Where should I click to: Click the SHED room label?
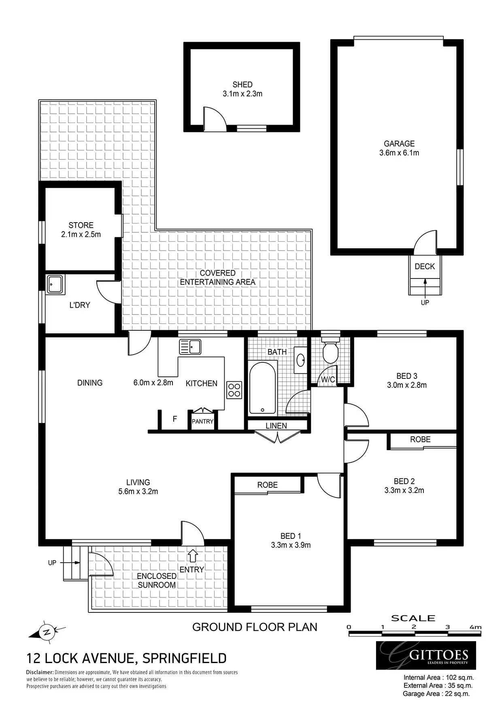pyautogui.click(x=242, y=85)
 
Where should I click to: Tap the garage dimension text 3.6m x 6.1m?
pyautogui.click(x=399, y=153)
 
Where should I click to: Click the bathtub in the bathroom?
pyautogui.click(x=263, y=388)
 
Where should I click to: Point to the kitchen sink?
pyautogui.click(x=190, y=347)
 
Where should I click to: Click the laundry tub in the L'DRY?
pyautogui.click(x=55, y=285)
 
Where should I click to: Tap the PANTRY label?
pyautogui.click(x=202, y=421)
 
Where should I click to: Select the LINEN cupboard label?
pyautogui.click(x=277, y=426)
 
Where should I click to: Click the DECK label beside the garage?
pyautogui.click(x=425, y=266)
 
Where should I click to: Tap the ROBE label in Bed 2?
pyautogui.click(x=420, y=440)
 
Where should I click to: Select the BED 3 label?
pyautogui.click(x=407, y=376)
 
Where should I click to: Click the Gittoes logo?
pyautogui.click(x=426, y=655)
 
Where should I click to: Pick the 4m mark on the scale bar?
pyautogui.click(x=476, y=627)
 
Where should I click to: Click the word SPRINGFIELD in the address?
pyautogui.click(x=184, y=659)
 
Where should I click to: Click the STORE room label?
pyautogui.click(x=81, y=225)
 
